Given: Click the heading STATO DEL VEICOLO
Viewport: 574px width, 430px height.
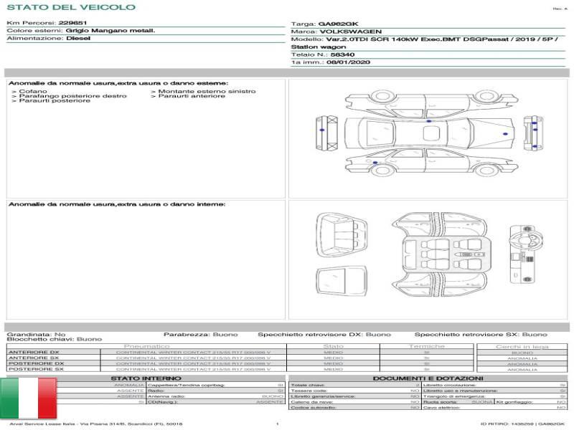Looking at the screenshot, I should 70,7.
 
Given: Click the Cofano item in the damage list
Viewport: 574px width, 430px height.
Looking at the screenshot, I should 33,92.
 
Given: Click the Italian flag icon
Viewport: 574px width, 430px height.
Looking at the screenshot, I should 28,398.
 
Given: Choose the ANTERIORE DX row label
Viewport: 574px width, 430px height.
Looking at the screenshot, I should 33,353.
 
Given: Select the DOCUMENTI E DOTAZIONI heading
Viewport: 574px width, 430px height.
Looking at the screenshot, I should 428,378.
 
